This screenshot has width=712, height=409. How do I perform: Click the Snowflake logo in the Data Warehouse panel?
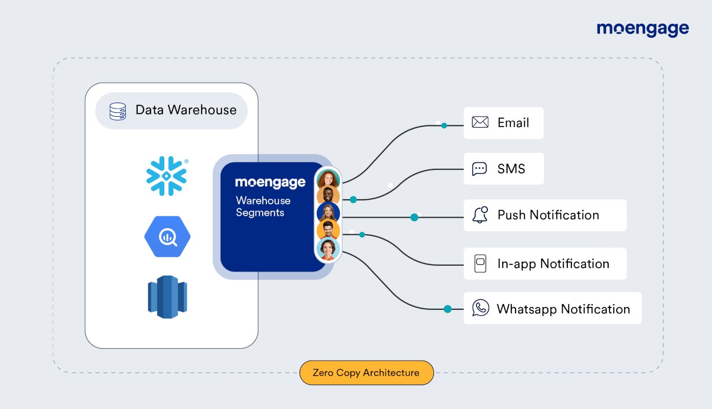tap(167, 176)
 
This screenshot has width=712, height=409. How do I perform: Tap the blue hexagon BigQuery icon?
tap(168, 236)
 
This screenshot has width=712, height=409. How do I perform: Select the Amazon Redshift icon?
tap(168, 297)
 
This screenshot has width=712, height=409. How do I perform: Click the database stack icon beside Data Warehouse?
tap(118, 111)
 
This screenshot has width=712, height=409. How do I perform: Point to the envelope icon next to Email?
tap(480, 122)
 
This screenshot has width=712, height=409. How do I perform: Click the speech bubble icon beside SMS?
tap(479, 168)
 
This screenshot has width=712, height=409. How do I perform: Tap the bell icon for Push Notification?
tap(480, 214)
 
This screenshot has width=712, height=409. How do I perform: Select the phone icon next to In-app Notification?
tap(480, 263)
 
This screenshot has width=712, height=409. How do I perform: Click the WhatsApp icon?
tap(480, 308)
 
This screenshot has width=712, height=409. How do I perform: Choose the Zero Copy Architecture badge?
tap(366, 373)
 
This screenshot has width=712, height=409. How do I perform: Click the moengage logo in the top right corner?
tap(643, 29)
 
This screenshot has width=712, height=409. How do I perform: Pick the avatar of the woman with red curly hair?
tap(328, 179)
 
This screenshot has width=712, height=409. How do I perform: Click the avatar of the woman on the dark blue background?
tap(328, 212)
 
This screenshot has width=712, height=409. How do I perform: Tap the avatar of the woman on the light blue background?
tap(328, 249)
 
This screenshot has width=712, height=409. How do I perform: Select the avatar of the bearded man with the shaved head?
tap(328, 195)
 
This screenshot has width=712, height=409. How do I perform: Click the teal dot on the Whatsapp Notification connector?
tap(448, 309)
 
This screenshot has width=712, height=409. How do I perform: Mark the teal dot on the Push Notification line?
tap(414, 217)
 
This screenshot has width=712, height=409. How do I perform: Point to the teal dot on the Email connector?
tap(444, 126)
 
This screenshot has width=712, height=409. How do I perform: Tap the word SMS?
tap(511, 169)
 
